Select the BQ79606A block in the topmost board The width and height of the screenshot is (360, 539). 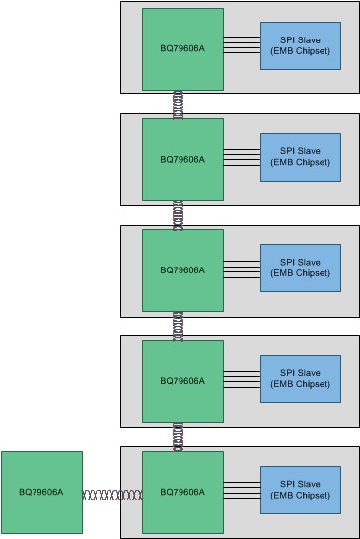click(x=182, y=49)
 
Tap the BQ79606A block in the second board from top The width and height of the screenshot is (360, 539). click(x=182, y=159)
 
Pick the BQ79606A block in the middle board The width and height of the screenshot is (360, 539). click(x=182, y=270)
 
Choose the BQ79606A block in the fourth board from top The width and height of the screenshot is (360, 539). click(x=182, y=381)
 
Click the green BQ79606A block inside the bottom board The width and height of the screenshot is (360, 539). click(x=182, y=492)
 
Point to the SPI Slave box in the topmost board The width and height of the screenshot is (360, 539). click(x=301, y=45)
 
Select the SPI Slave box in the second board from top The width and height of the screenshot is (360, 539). click(x=301, y=157)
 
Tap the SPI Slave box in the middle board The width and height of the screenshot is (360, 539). click(x=301, y=268)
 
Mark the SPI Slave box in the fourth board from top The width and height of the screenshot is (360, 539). click(x=301, y=379)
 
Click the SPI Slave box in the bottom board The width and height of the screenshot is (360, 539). click(x=301, y=490)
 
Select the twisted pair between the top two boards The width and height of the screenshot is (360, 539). click(x=179, y=104)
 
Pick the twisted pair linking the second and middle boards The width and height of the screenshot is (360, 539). click(x=179, y=215)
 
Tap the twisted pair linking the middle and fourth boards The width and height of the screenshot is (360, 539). click(x=179, y=326)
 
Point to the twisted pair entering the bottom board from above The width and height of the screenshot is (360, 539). click(x=179, y=436)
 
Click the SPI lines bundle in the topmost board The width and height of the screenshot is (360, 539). click(x=242, y=44)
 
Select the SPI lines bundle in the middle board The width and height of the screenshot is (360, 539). click(x=242, y=268)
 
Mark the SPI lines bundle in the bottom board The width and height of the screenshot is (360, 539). click(x=242, y=490)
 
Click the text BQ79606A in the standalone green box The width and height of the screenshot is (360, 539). click(x=41, y=492)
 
